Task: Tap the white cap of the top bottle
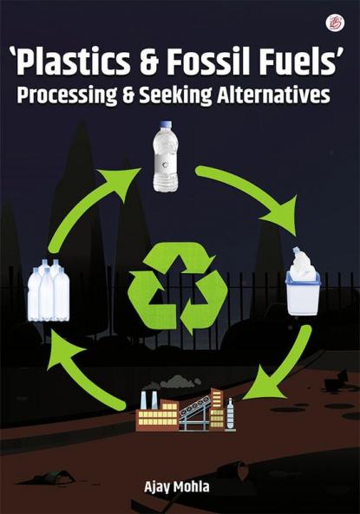coord(166,128)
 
